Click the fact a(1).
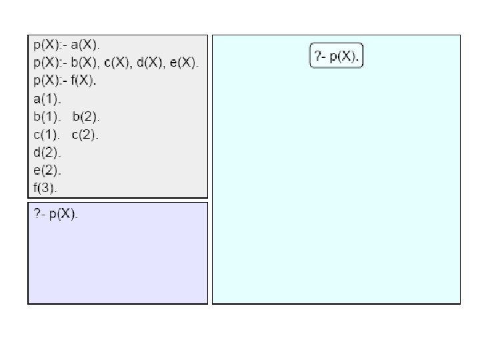click(x=47, y=99)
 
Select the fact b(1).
click(x=47, y=117)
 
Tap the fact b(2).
click(x=85, y=117)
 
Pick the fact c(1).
click(x=47, y=135)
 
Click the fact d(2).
click(x=47, y=153)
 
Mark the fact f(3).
click(x=46, y=188)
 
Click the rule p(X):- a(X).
click(x=67, y=45)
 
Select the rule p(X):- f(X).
click(x=65, y=81)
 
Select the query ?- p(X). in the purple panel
click(x=56, y=215)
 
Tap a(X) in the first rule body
click(x=85, y=45)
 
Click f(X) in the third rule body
click(x=84, y=81)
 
